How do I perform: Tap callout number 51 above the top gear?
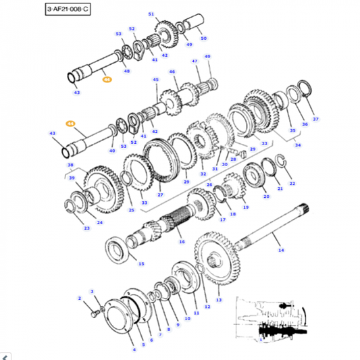point(151,14)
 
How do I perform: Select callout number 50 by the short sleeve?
point(204,38)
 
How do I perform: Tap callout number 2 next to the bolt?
point(79,298)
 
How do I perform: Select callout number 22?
point(292,183)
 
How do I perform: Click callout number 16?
point(182,241)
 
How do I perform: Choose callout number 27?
point(160,195)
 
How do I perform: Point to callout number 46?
point(172,72)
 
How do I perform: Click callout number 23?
point(86,228)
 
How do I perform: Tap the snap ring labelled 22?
point(282,161)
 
